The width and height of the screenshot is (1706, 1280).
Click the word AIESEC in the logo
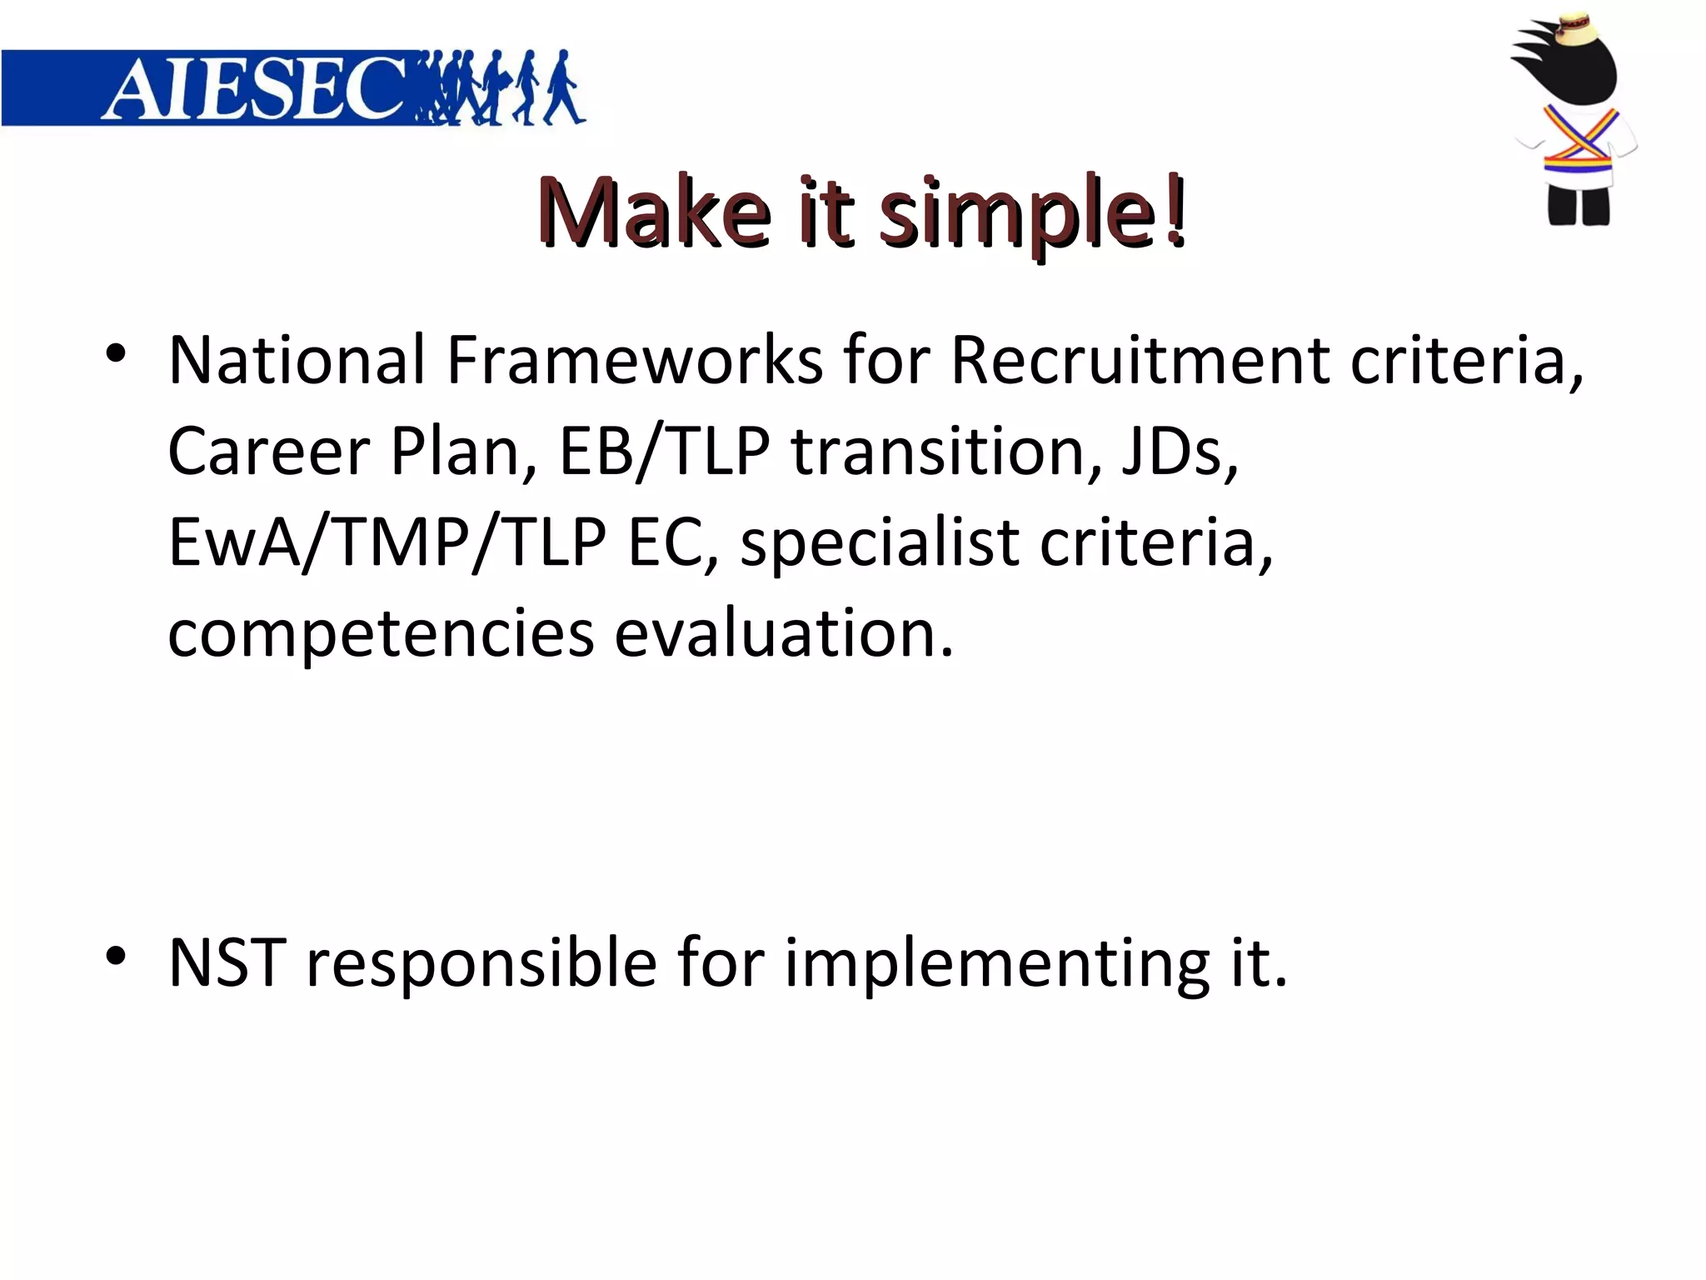pos(254,89)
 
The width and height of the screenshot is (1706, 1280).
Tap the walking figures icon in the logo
pos(500,88)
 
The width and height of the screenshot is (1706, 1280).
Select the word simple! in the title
pos(1033,212)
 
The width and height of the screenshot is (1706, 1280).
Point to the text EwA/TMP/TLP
pos(387,542)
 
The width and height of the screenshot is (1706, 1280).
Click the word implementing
pos(996,964)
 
